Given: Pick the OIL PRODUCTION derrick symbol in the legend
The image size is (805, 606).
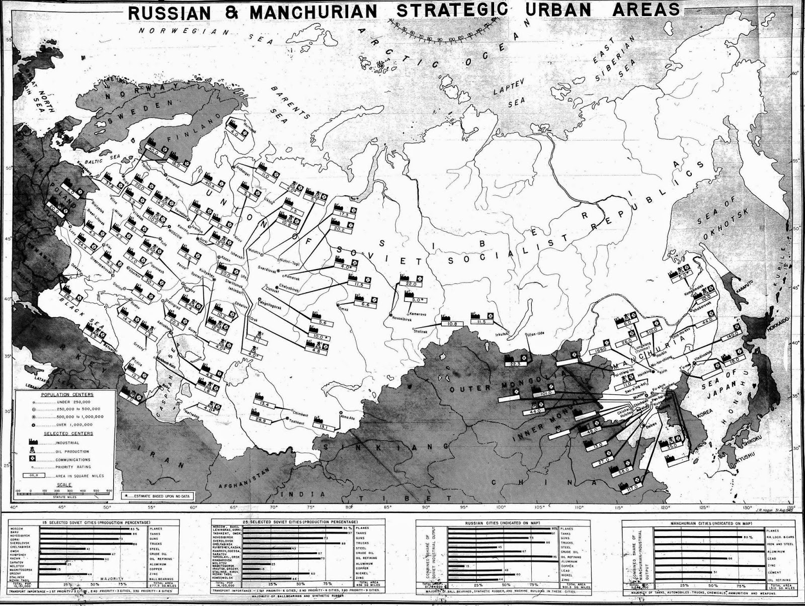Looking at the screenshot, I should click(33, 451).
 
